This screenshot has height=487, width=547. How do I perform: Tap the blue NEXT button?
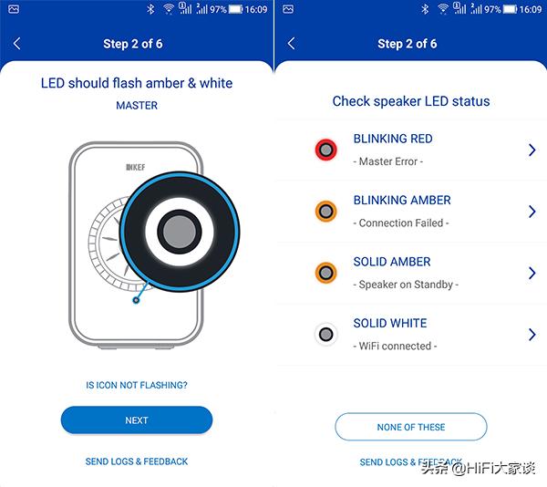click(x=137, y=420)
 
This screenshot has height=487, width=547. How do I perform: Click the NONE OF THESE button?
click(x=411, y=427)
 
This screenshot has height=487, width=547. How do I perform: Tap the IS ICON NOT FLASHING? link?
click(x=137, y=386)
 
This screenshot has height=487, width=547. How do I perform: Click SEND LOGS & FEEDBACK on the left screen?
click(x=137, y=461)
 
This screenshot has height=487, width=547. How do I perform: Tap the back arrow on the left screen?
click(x=17, y=44)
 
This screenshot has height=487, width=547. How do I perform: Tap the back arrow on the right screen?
click(x=292, y=44)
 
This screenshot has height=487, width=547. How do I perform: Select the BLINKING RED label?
click(x=393, y=139)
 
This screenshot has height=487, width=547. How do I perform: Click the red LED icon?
click(x=325, y=150)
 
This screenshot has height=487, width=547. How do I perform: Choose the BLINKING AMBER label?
click(x=402, y=200)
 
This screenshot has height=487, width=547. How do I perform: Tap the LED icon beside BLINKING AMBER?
click(x=325, y=212)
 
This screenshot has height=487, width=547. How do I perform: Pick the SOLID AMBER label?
click(x=391, y=262)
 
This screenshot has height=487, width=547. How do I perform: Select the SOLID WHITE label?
click(x=390, y=323)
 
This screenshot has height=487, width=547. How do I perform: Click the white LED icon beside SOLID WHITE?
click(x=325, y=335)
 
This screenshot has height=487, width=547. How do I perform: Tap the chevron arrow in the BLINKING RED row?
click(x=532, y=150)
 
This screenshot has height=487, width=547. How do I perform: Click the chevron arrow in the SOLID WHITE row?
click(x=532, y=335)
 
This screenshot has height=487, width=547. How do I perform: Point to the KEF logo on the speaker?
click(x=136, y=166)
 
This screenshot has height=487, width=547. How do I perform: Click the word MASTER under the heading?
click(x=137, y=106)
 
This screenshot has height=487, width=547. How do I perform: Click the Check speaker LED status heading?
click(x=411, y=101)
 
